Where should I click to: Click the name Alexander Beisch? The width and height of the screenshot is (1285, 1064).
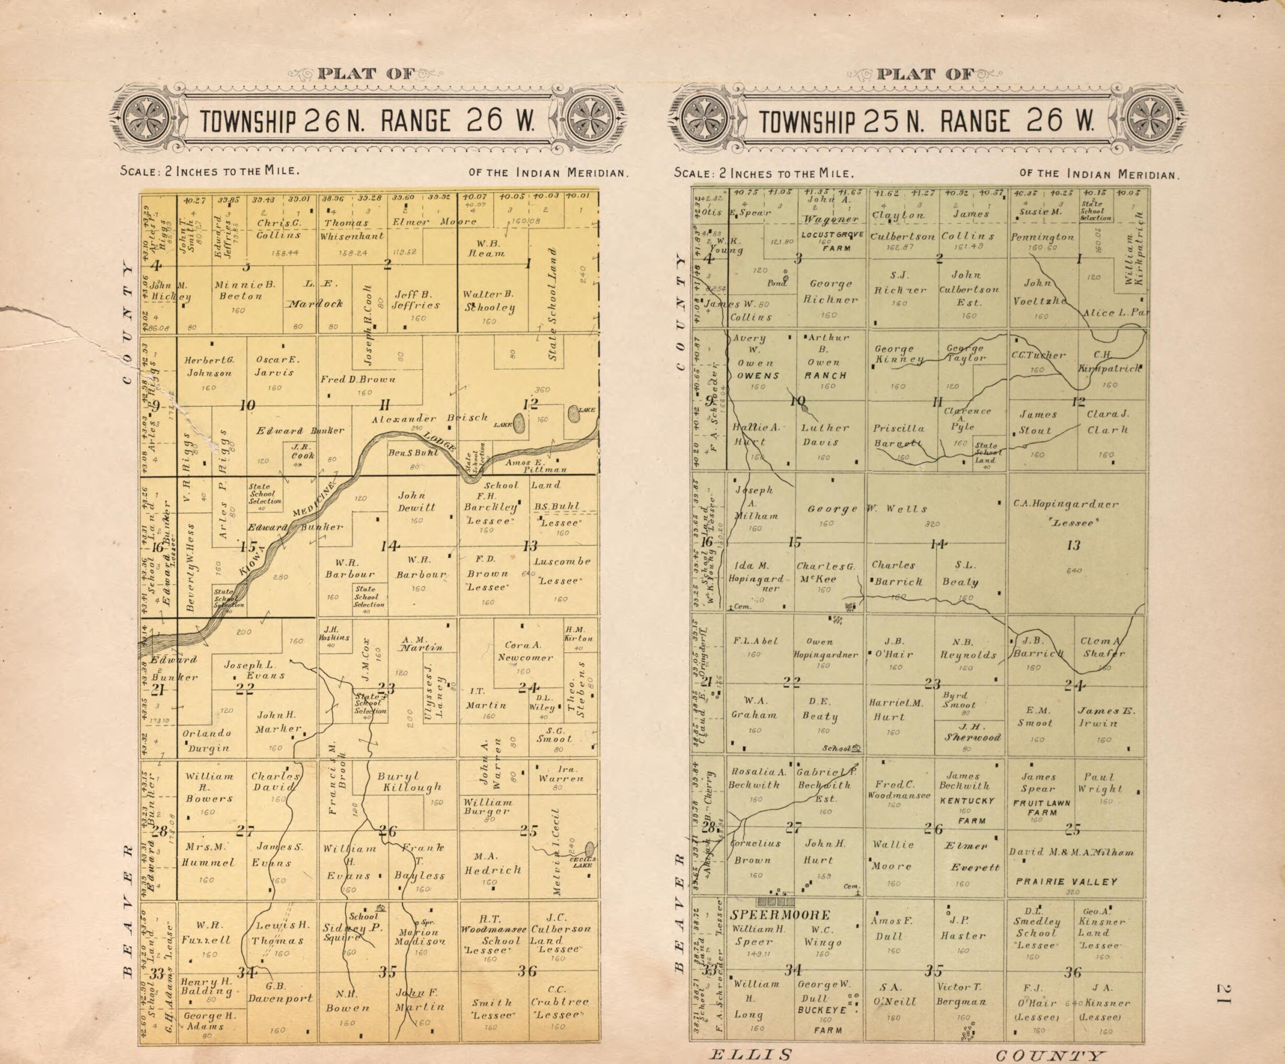coord(430,419)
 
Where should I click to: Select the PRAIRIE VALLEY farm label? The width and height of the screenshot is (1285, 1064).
coord(1066,882)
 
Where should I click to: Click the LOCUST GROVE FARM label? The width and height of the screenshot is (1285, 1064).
coord(832,241)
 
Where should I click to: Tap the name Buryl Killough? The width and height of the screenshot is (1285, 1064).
coord(409,782)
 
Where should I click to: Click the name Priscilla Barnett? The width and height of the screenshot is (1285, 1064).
coord(898,436)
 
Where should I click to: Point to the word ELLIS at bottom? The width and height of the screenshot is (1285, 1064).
coord(751,1054)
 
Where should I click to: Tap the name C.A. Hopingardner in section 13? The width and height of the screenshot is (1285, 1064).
coord(1065,505)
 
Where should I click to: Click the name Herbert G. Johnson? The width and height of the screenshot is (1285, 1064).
coord(209,367)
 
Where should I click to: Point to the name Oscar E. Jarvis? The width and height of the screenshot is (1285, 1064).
coord(275,365)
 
